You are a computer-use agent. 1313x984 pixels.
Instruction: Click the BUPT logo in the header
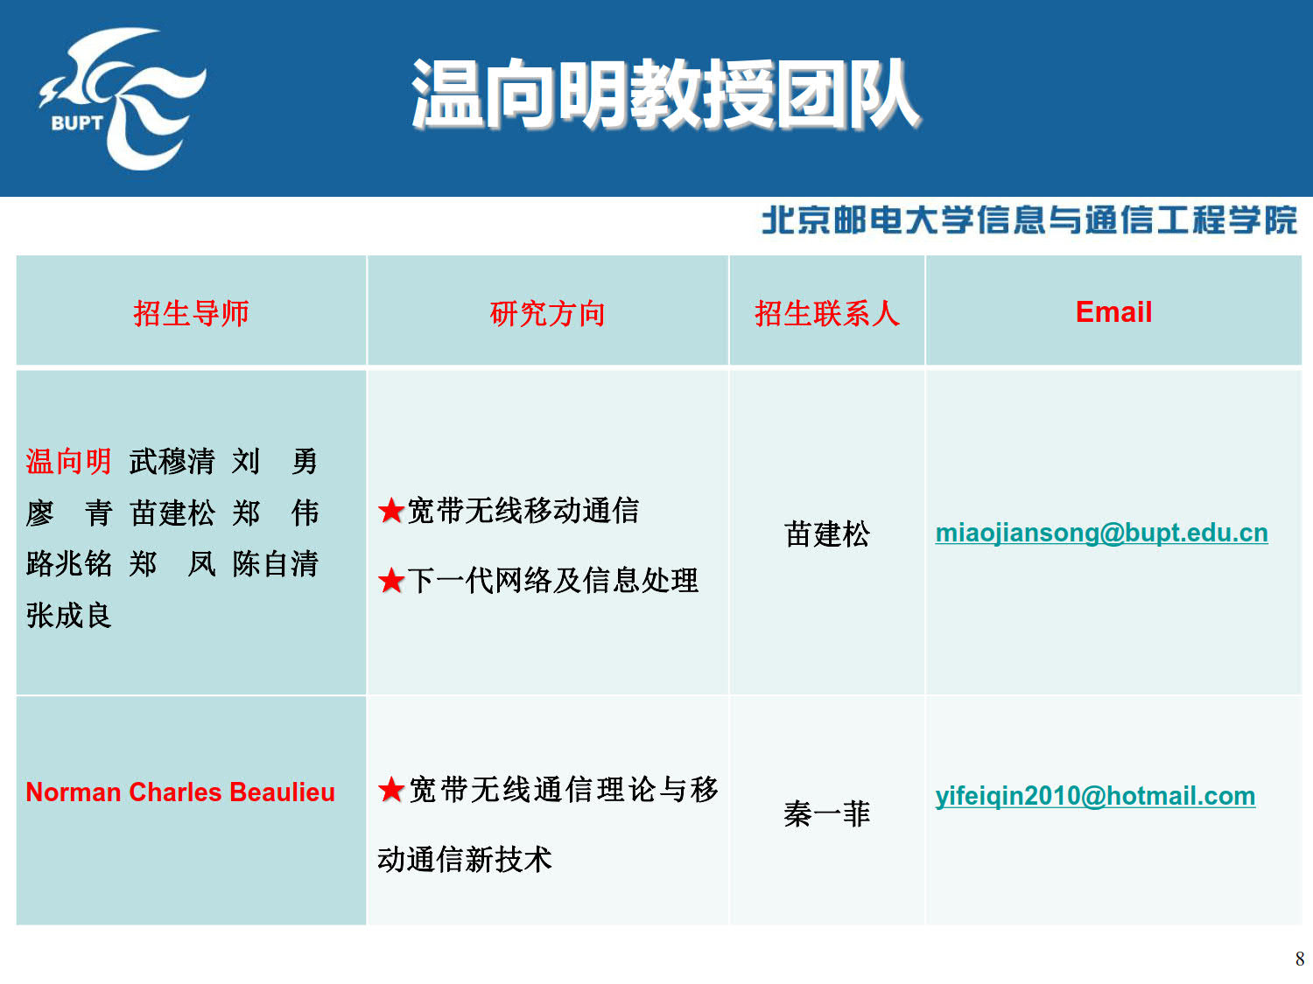(123, 99)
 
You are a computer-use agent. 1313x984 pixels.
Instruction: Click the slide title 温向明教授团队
(666, 94)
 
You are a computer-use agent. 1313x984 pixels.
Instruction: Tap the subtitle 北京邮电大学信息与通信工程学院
(1029, 220)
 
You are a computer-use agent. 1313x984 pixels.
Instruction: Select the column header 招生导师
(191, 313)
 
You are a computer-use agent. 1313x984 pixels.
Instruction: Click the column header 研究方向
(547, 313)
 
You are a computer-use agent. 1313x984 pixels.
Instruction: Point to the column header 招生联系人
(826, 313)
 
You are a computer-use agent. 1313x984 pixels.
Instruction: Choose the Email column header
(1113, 312)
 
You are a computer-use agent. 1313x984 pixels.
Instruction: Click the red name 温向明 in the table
(68, 461)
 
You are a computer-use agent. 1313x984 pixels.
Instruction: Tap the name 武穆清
(172, 461)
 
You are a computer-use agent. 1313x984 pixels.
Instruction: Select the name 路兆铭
(68, 564)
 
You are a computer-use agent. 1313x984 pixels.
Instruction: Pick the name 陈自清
(275, 564)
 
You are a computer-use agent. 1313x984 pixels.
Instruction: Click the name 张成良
(68, 616)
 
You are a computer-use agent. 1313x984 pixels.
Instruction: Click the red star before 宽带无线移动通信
(391, 511)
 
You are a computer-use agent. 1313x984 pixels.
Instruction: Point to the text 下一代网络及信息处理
(552, 581)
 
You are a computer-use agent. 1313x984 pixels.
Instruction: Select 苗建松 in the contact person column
(826, 534)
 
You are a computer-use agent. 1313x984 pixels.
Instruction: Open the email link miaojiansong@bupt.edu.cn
(1101, 533)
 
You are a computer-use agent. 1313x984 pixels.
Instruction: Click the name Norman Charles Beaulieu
(180, 792)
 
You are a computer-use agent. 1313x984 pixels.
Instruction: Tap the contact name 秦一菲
(826, 813)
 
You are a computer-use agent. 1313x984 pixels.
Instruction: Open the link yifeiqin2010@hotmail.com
(1095, 796)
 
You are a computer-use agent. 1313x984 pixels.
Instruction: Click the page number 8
(1299, 959)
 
